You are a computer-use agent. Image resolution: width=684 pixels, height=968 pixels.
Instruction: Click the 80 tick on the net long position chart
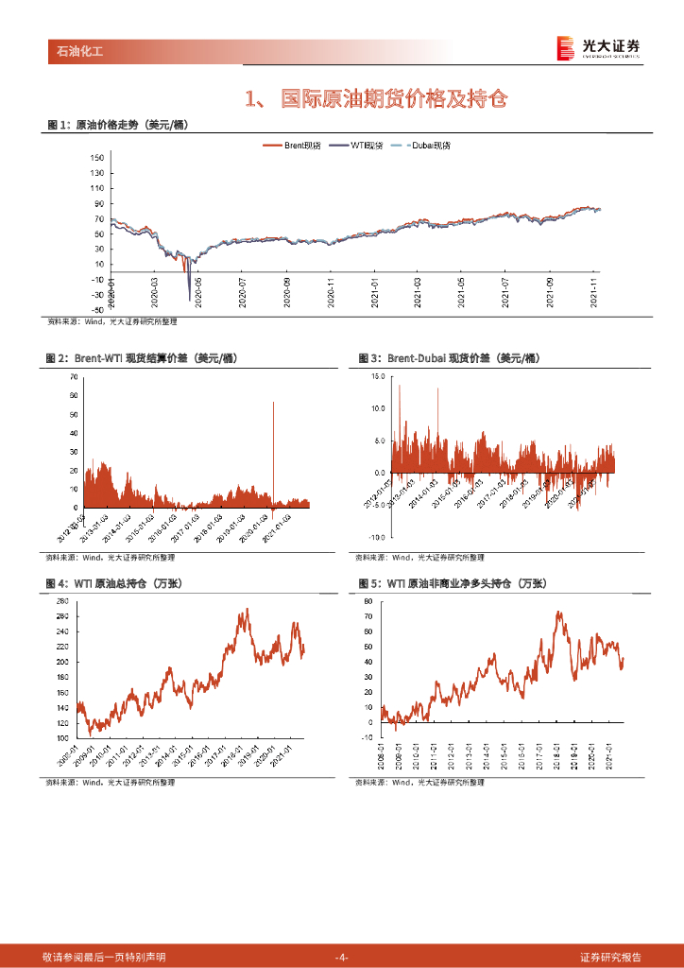(x=369, y=601)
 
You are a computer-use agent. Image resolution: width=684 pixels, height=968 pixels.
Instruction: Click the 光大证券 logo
(x=597, y=47)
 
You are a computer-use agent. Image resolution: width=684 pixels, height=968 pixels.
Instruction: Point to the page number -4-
(x=342, y=958)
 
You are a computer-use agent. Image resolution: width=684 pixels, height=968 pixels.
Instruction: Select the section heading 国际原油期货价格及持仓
(x=394, y=97)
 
